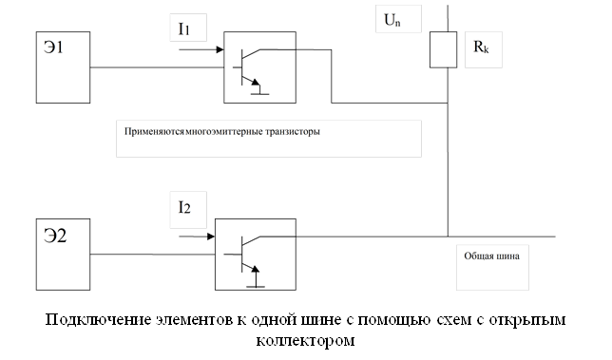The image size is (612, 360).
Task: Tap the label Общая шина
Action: click(x=491, y=256)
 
